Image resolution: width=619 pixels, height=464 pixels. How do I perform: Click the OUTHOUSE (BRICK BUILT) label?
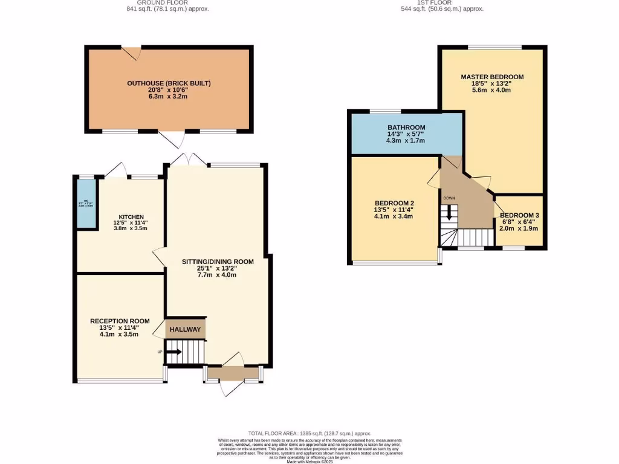169,83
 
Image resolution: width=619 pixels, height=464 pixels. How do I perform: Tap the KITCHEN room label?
131,216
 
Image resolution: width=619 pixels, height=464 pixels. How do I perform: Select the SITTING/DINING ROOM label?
218,262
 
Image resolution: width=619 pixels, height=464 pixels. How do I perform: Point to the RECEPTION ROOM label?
119,321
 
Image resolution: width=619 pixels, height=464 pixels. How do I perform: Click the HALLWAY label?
185,329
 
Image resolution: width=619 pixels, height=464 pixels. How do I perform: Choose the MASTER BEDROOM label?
492,77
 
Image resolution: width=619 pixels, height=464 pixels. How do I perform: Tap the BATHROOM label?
406,127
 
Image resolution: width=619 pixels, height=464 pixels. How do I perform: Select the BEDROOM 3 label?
519,215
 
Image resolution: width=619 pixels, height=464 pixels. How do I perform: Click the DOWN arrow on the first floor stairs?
449,213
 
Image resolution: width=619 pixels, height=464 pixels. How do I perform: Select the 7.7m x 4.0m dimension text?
218,275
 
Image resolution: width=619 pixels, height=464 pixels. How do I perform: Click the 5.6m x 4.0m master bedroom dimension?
492,90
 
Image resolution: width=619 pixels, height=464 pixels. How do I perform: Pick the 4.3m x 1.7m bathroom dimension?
406,141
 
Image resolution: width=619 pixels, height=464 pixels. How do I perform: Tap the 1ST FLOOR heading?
434,2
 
